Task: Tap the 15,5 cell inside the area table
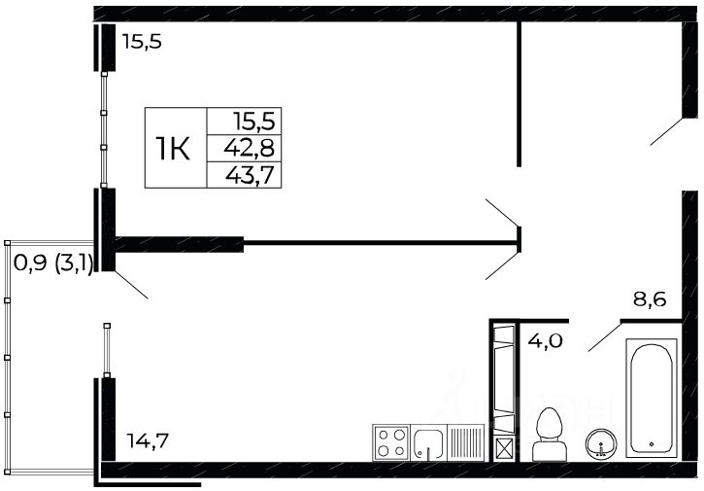pos(254,122)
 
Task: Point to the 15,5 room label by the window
pos(142,42)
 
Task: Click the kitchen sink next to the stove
pos(427,443)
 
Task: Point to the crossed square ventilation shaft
pos(505,449)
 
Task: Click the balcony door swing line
pos(131,284)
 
